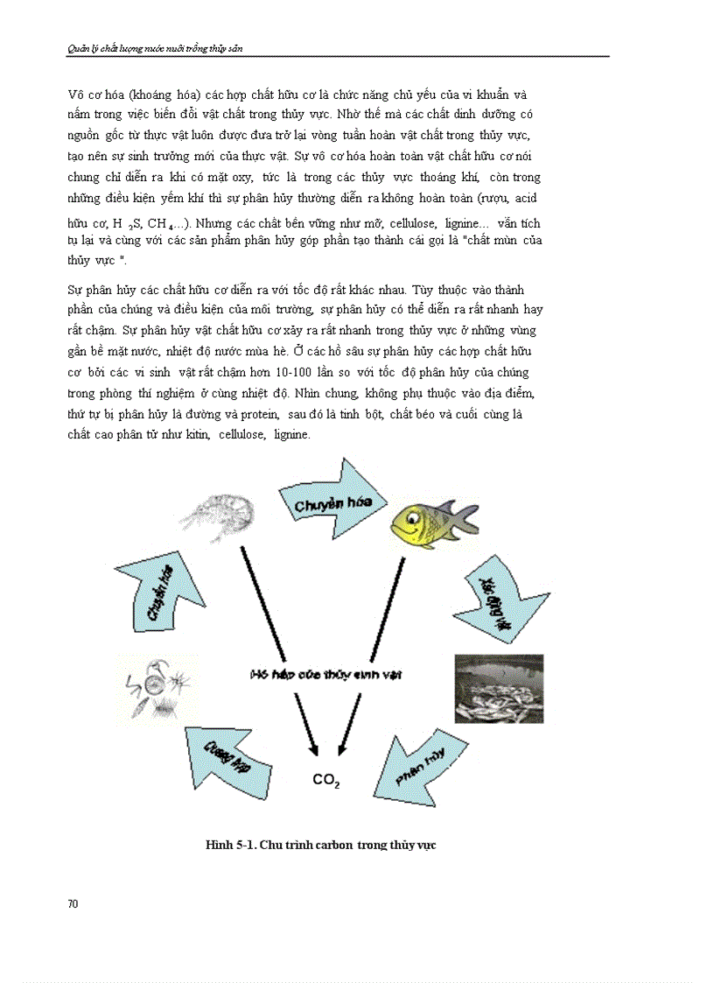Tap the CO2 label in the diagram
[x=325, y=780]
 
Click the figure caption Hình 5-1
[x=320, y=845]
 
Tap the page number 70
[x=73, y=903]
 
